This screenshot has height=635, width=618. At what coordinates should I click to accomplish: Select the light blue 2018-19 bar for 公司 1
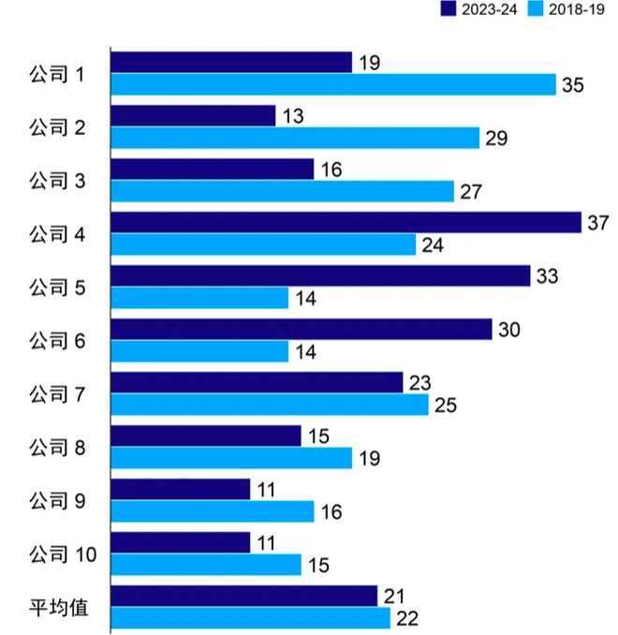tap(332, 84)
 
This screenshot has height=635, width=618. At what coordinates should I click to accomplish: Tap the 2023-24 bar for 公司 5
tap(319, 275)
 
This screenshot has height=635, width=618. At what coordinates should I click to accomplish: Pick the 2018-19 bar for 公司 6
tap(199, 351)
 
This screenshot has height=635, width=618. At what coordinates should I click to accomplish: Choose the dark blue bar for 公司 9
tap(180, 489)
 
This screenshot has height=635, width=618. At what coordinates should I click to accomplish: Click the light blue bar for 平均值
tap(250, 618)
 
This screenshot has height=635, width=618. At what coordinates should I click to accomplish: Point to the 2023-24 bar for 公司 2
tap(193, 115)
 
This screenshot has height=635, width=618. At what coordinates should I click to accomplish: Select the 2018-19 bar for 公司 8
tap(231, 458)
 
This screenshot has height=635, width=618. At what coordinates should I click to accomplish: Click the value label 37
tap(597, 223)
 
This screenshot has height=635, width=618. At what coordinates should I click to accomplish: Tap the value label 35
tap(572, 85)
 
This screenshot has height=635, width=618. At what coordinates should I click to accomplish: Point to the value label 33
tap(547, 276)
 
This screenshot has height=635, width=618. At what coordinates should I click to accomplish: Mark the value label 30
tap(508, 330)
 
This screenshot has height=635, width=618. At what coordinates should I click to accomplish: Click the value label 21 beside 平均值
tap(393, 597)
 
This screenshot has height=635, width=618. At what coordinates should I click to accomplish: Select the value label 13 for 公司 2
tap(291, 116)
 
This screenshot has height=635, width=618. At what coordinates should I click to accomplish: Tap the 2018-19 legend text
tap(577, 9)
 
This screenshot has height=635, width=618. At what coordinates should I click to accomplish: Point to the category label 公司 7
tap(58, 394)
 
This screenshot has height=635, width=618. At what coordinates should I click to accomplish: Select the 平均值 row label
tap(58, 608)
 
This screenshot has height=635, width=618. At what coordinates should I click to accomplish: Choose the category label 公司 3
tap(58, 181)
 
